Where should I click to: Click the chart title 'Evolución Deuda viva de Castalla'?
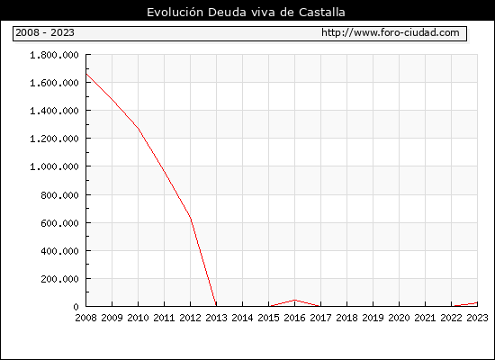click(246, 13)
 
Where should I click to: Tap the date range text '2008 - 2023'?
click(45, 32)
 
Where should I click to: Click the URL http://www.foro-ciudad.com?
click(391, 32)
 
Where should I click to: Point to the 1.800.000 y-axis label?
click(54, 55)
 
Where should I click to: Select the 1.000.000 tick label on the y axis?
click(54, 166)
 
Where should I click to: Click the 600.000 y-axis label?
click(59, 223)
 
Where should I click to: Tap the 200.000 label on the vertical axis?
click(59, 279)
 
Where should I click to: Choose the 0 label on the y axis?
click(76, 307)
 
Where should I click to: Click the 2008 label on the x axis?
click(85, 318)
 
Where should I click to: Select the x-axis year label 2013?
click(216, 318)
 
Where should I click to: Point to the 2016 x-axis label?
click(294, 318)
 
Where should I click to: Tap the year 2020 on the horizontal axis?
click(399, 318)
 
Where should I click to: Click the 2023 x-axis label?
click(477, 318)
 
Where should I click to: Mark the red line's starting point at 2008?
click(86, 74)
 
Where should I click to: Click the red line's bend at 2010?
click(139, 129)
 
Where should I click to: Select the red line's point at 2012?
click(191, 217)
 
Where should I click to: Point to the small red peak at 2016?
click(294, 300)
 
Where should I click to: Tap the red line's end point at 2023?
click(477, 302)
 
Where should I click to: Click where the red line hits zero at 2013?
click(216, 306)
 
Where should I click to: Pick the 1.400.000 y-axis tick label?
click(54, 111)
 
